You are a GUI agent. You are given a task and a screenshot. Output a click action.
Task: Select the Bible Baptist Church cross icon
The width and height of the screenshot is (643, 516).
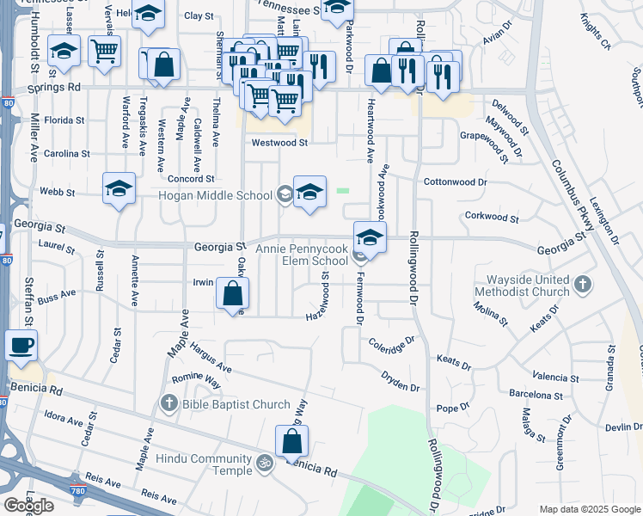[169, 403]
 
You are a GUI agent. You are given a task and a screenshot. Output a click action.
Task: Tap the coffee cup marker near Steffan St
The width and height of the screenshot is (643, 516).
[21, 345]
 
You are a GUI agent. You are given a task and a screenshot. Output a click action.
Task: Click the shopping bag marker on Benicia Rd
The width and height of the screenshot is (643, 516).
[291, 441]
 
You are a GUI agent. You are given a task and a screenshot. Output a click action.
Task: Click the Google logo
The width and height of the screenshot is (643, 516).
[28, 506]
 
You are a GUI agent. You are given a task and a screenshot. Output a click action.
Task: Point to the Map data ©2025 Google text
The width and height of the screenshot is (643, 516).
[590, 509]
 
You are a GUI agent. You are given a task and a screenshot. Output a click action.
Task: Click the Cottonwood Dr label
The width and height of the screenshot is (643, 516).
[456, 182]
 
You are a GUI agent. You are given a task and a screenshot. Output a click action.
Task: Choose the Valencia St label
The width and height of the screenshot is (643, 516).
[555, 377]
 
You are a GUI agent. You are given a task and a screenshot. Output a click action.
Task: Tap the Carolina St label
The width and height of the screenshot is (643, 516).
[66, 153]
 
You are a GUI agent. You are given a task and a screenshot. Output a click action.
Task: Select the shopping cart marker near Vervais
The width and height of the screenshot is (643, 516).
[104, 51]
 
